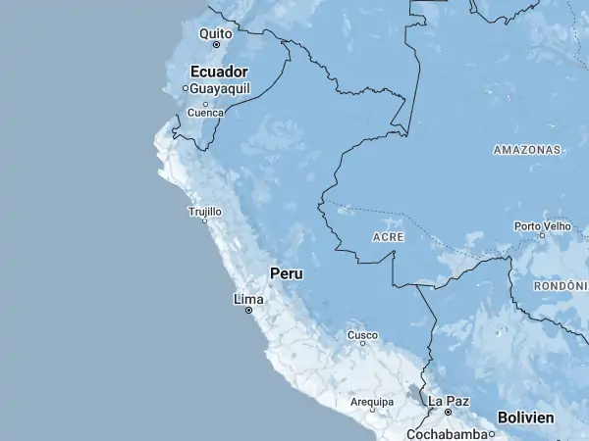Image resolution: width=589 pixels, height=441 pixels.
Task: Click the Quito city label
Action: (x=215, y=33)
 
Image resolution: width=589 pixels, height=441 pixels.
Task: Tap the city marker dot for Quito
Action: (x=216, y=45)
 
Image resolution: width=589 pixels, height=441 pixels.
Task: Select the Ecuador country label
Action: (x=218, y=72)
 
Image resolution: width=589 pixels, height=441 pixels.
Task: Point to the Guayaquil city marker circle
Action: (x=185, y=88)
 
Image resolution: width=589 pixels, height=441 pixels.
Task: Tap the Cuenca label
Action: (x=205, y=113)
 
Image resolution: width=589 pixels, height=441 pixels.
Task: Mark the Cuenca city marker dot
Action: (x=205, y=103)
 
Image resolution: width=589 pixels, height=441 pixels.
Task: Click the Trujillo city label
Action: (x=204, y=211)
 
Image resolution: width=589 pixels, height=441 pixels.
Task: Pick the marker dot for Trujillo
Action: (x=204, y=220)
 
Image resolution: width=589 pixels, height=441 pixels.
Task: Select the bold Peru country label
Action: (x=287, y=273)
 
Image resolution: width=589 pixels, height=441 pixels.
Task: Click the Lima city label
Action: (x=248, y=298)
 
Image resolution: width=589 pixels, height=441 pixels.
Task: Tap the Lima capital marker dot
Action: (x=248, y=310)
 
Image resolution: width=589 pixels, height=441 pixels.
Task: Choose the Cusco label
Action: (x=362, y=335)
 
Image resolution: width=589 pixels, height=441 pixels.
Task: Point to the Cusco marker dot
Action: (x=362, y=344)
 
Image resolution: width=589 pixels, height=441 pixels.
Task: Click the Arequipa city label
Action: (x=372, y=402)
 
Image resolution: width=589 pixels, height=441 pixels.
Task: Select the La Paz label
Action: (x=449, y=401)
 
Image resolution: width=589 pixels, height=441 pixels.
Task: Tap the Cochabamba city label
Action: (x=449, y=433)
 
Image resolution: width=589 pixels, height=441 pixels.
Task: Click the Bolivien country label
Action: (x=526, y=417)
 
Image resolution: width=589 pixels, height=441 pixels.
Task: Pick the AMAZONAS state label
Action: (x=527, y=150)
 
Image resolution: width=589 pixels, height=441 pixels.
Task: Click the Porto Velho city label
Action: (x=542, y=226)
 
